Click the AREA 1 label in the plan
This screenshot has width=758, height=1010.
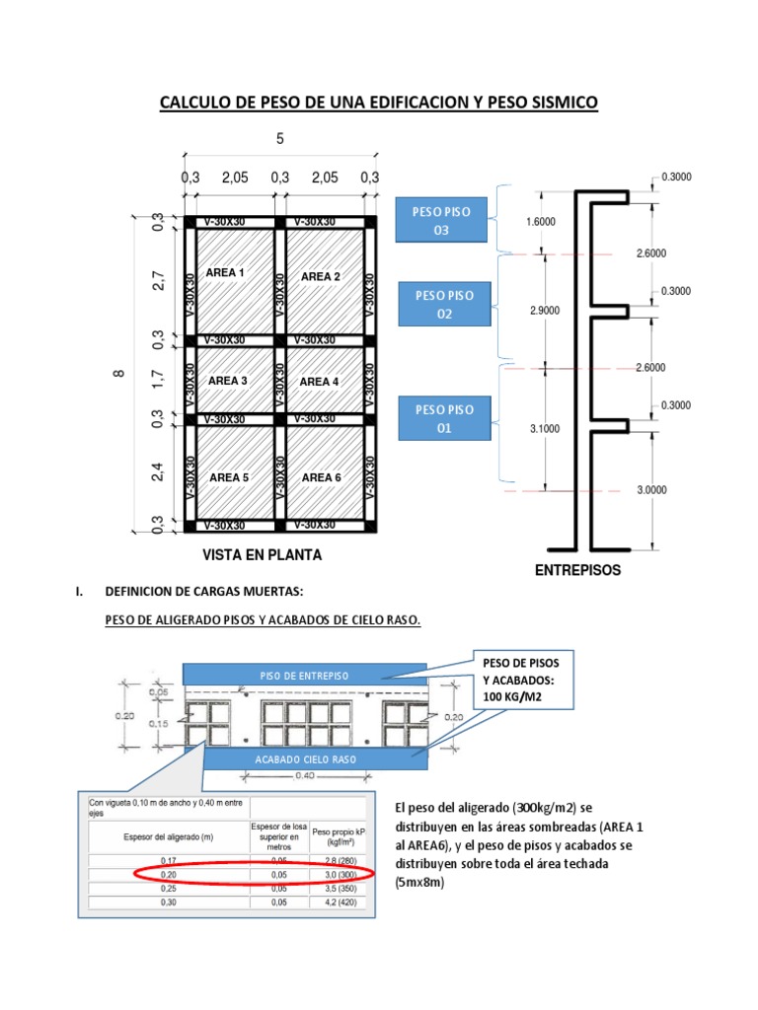point(225,272)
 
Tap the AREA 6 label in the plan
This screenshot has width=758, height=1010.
point(322,477)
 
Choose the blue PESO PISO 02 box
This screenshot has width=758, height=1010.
point(444,304)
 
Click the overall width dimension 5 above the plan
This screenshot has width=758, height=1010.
point(279,140)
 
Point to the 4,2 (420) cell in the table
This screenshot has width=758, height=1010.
point(338,902)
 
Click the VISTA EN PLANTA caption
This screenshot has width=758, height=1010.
point(263,555)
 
